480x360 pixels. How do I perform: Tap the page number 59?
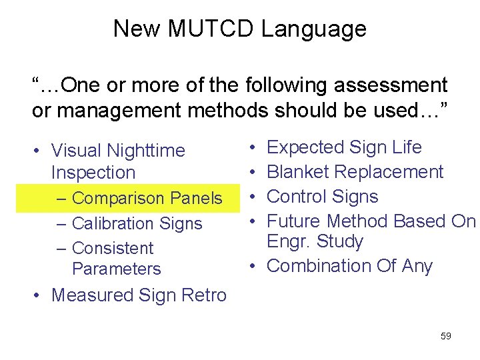(446, 336)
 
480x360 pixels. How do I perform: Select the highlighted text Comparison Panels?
(147, 199)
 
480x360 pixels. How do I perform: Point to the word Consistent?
(112, 248)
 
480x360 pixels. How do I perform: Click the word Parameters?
(116, 269)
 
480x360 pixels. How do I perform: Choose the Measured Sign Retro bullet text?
(139, 295)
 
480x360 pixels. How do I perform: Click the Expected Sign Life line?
(344, 147)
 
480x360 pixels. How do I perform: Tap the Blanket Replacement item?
(355, 172)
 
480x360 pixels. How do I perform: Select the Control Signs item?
(322, 197)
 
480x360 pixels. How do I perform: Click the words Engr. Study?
(315, 241)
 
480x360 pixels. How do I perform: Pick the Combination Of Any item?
(349, 266)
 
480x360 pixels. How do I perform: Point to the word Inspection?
(93, 173)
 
